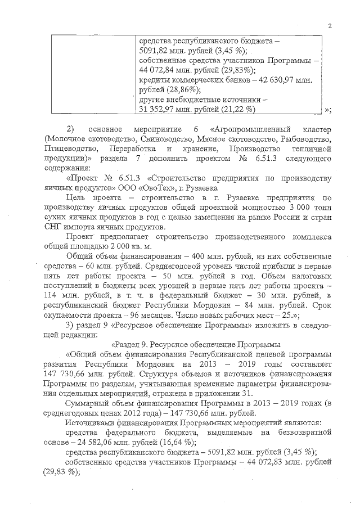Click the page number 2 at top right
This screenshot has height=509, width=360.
[x=330, y=25]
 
